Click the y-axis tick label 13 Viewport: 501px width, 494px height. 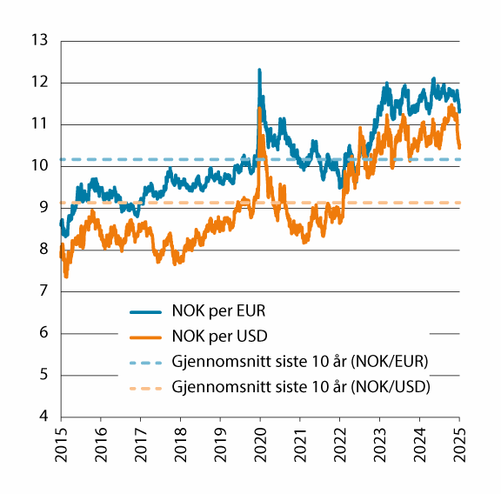[38, 40]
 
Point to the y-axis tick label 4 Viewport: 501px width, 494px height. [43, 417]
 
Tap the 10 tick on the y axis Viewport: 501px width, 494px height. [38, 166]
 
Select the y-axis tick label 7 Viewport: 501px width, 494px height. [43, 291]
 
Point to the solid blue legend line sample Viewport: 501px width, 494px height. [147, 311]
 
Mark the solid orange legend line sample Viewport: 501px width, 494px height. [147, 336]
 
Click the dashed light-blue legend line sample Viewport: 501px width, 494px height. [147, 361]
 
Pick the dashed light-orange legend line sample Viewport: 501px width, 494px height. [147, 385]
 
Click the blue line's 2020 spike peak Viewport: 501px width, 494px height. [260, 70]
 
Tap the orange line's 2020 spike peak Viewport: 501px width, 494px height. [260, 108]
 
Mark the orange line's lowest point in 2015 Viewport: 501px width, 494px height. [66, 277]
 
